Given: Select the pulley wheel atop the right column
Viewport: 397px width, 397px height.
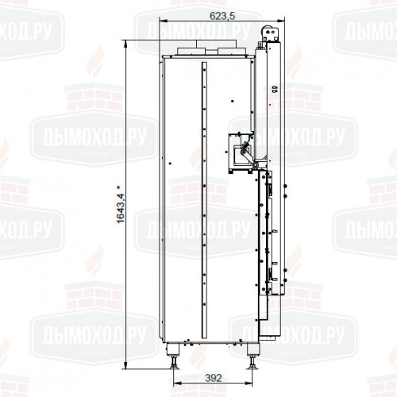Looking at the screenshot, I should click(268, 32).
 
